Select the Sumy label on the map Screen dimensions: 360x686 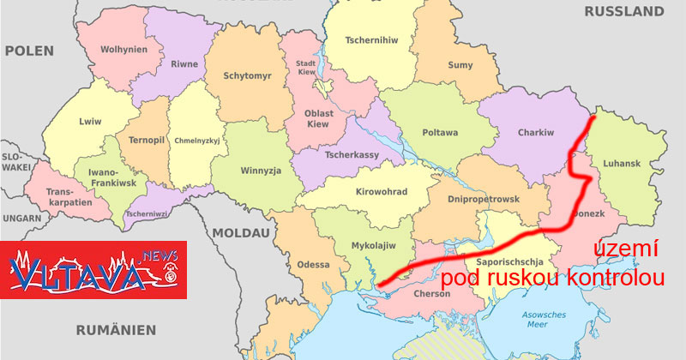(x=460, y=64)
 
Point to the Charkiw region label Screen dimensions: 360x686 (x=537, y=133)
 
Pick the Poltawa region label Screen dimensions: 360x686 (x=441, y=133)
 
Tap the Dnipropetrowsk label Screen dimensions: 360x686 (x=484, y=199)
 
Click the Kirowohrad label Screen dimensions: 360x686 (x=381, y=192)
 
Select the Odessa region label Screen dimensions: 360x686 (x=313, y=264)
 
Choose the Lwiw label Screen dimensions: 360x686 (x=90, y=121)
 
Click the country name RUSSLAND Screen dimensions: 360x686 (x=624, y=12)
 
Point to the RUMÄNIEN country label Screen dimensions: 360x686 (x=116, y=329)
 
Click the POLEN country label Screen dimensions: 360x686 (x=29, y=51)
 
